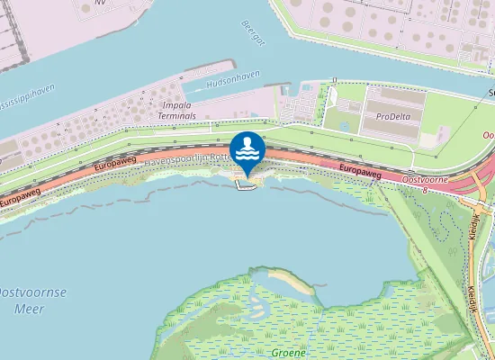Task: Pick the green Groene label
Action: click(x=288, y=352)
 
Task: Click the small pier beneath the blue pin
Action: click(x=241, y=186)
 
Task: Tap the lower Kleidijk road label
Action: click(x=472, y=296)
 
